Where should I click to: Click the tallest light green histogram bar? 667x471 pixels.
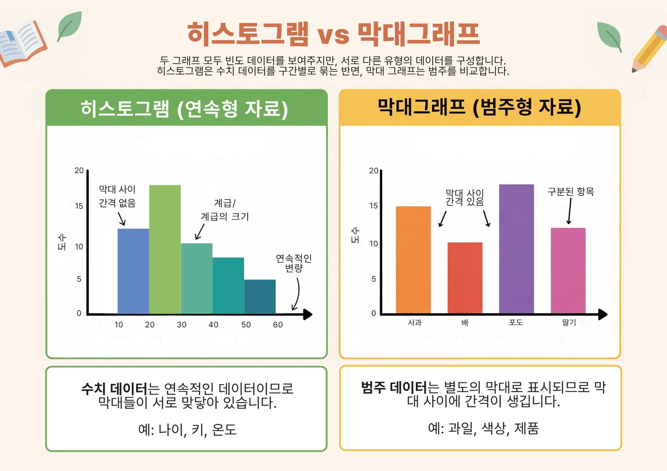(x=165, y=249)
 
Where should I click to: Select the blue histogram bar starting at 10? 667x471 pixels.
(x=133, y=271)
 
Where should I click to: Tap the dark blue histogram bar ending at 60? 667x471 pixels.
(x=260, y=297)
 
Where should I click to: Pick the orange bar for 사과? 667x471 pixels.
(x=413, y=260)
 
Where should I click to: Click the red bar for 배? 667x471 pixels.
(x=465, y=278)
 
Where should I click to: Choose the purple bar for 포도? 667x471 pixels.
(x=517, y=249)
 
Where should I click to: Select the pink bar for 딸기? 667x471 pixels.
(x=568, y=270)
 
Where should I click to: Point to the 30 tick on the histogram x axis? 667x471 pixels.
(x=181, y=324)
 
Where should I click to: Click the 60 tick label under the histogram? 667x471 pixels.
(x=278, y=324)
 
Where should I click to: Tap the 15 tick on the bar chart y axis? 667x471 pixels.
(x=374, y=206)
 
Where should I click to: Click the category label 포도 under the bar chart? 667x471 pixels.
(x=516, y=322)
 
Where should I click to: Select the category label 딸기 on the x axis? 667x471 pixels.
(x=569, y=322)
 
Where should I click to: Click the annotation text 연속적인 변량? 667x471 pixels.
(x=293, y=263)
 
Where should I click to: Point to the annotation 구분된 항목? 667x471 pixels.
(x=571, y=192)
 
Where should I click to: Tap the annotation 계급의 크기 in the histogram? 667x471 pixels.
(x=225, y=216)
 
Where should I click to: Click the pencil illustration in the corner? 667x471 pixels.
(x=649, y=49)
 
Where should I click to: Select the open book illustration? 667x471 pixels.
(x=23, y=43)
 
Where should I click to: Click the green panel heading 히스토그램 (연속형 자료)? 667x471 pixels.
(x=184, y=109)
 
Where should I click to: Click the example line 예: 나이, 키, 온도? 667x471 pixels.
(x=187, y=429)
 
